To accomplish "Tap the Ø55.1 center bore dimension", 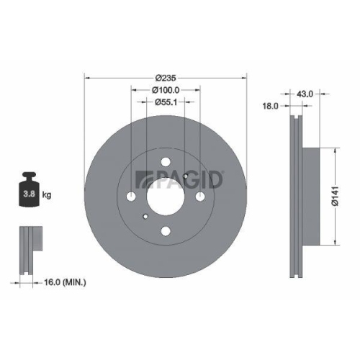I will (x=166, y=102).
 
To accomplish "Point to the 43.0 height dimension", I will (x=305, y=93).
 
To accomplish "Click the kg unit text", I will (x=48, y=195).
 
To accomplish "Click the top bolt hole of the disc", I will (x=166, y=162).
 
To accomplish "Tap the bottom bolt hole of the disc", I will (x=166, y=230).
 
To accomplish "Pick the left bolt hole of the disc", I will (x=131, y=197).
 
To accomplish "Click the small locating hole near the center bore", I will (x=146, y=215).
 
